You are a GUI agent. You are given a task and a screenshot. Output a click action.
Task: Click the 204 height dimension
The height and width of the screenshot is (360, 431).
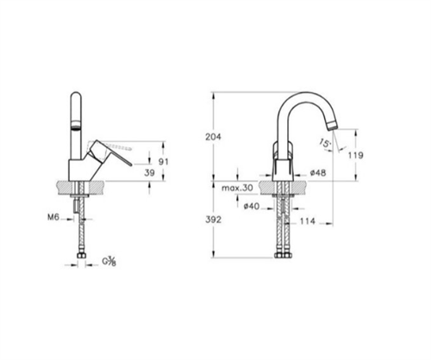tap(213, 137)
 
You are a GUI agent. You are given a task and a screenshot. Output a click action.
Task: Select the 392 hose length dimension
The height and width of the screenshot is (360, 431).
tap(213, 220)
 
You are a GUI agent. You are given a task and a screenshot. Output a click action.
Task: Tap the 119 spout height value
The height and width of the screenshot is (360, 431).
tap(356, 155)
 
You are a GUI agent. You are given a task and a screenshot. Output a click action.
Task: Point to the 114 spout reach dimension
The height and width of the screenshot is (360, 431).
tap(308, 221)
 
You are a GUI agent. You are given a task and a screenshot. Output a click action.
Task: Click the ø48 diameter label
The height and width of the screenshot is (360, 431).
tap(318, 173)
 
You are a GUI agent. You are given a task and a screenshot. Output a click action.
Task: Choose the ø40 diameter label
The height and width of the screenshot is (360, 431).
tap(252, 206)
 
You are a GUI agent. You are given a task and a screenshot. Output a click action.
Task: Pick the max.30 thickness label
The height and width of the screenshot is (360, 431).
tap(237, 188)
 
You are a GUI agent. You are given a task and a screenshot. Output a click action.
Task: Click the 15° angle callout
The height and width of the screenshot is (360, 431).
tap(325, 143)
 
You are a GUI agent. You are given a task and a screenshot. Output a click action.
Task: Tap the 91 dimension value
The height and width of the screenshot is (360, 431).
tap(164, 162)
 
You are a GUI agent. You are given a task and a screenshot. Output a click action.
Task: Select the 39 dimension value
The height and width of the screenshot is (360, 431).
tap(149, 173)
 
